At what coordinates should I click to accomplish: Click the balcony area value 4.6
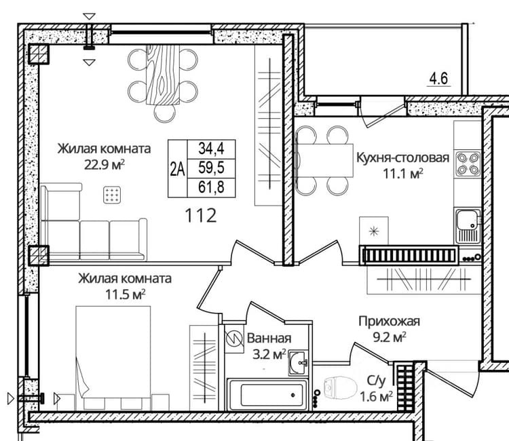439,79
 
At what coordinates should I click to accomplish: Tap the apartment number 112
201,216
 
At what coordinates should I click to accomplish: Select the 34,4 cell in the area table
211,149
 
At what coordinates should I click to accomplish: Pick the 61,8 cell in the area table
211,187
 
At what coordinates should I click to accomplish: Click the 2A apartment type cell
178,169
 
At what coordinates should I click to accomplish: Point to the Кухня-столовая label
403,157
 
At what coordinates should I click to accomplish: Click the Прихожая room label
390,322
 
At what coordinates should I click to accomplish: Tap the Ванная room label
269,339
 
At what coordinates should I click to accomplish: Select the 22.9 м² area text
105,165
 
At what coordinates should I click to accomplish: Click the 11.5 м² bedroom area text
126,294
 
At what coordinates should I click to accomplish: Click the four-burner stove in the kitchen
468,164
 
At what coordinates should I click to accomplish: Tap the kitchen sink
468,226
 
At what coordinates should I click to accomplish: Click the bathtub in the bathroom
267,394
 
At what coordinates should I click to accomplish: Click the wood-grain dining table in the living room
163,75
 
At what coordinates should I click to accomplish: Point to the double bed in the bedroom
113,358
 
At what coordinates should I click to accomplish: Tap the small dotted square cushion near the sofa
112,195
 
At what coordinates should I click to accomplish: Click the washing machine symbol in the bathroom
234,339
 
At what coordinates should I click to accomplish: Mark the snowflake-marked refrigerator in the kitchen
374,231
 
